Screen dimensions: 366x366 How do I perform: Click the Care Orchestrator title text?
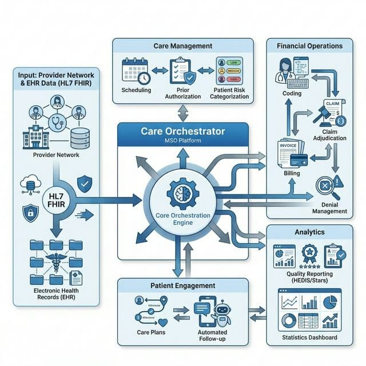tap(182, 132)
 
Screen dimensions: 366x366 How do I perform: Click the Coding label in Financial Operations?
tap(292, 93)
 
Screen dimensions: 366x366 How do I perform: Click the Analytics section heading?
tap(309, 232)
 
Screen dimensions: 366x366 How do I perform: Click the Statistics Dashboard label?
tap(309, 337)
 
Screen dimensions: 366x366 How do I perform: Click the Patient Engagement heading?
tap(183, 285)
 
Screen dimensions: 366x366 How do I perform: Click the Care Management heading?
tap(183, 45)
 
